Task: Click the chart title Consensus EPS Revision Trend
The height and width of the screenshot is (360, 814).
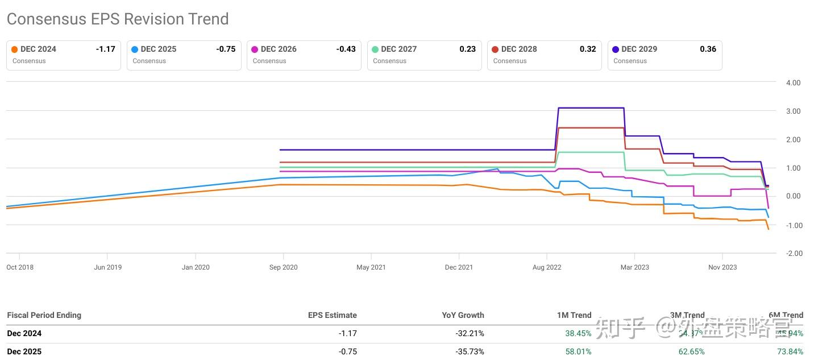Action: [x=118, y=19]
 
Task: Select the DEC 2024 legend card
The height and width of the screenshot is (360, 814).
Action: [x=64, y=55]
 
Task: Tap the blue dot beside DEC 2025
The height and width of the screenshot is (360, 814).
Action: [x=135, y=49]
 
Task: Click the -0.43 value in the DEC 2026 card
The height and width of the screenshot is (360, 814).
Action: [x=346, y=49]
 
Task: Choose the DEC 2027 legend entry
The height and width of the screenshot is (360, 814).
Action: [x=424, y=55]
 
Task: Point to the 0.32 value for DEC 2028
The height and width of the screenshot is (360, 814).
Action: [x=588, y=49]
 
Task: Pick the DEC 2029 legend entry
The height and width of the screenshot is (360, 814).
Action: [x=665, y=55]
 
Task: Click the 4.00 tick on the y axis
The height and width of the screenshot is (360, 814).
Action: [x=793, y=82]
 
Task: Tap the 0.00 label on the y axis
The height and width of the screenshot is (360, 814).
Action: [x=793, y=197]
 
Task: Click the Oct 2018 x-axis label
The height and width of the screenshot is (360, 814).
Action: [x=20, y=267]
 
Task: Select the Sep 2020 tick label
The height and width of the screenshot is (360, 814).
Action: [x=283, y=267]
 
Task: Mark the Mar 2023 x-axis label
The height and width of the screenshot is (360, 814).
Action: [x=634, y=267]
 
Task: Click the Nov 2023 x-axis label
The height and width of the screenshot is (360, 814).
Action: [x=722, y=267]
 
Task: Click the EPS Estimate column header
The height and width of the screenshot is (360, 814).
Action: [x=333, y=315]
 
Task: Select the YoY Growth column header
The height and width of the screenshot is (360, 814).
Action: [x=463, y=315]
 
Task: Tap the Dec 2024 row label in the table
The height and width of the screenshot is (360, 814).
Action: [x=24, y=333]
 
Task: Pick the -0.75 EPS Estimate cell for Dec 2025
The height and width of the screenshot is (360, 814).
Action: [x=348, y=351]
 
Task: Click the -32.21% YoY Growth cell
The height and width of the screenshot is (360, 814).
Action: [x=470, y=333]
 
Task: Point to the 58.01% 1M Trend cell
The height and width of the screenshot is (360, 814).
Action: [x=578, y=351]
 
